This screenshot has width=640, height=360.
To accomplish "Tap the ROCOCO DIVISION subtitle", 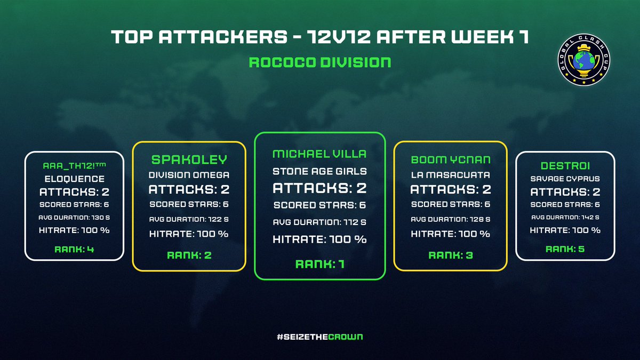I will tap(319, 62).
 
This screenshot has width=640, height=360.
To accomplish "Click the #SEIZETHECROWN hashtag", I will tap(319, 337).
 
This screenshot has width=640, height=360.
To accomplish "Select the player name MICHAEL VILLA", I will tap(319, 154).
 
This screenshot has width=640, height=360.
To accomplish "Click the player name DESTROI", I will tap(565, 166).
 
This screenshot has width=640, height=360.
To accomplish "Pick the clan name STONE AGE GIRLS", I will tap(319, 172).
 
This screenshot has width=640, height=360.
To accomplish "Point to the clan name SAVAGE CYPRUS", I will tap(565, 179).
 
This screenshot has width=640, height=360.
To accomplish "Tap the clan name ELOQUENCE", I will tap(74, 180).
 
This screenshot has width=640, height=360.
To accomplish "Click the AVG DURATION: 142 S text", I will tap(565, 217).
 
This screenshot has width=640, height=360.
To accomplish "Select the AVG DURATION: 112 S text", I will tap(319, 222).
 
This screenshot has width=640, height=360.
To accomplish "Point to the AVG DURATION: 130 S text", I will tap(74, 217).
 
